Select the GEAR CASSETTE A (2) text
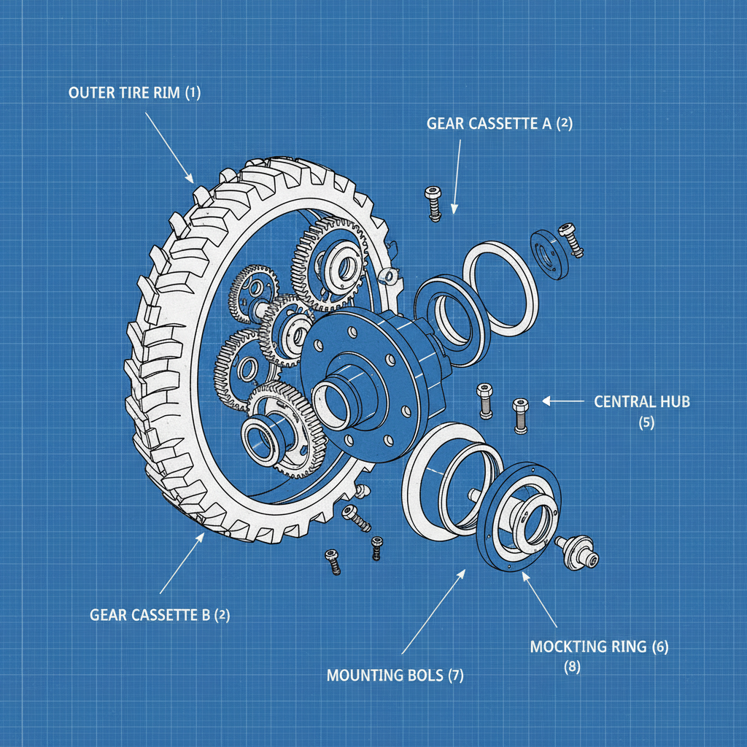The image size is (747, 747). pos(500,123)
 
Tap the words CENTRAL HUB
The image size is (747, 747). pos(641,401)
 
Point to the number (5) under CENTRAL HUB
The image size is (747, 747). pos(646,422)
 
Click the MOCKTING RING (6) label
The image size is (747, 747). pos(599,646)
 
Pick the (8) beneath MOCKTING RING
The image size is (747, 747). pos(573,666)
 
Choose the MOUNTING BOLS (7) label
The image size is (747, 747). pos(395,675)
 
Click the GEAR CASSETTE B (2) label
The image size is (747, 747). pos(160,615)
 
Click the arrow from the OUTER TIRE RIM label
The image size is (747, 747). pos(169,147)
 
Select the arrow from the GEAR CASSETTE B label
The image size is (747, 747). pos(182,562)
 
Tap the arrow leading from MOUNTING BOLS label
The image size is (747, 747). pos(433,610)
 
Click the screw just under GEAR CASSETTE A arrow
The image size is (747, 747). pos(433,202)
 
